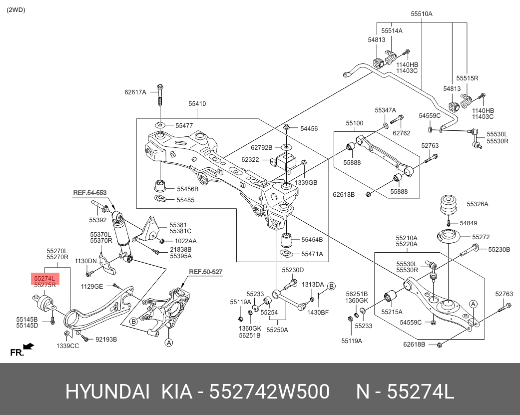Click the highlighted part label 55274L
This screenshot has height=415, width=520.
click(44, 277)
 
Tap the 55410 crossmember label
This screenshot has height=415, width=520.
click(197, 104)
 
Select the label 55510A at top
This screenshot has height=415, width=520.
click(421, 14)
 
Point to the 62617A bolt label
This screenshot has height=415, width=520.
click(135, 92)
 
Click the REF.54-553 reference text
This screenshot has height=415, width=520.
click(89, 192)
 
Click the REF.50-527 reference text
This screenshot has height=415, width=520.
click(205, 272)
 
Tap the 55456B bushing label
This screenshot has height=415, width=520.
click(187, 189)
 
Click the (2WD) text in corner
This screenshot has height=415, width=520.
click(16, 9)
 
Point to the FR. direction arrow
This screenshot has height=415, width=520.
click(28, 346)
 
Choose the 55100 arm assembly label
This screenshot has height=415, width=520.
click(355, 123)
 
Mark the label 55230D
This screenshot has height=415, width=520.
click(293, 270)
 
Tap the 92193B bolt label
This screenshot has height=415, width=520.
click(106, 340)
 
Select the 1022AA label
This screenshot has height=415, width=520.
click(185, 241)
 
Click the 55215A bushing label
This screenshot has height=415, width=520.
click(392, 311)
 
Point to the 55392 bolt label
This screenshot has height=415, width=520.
click(98, 220)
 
